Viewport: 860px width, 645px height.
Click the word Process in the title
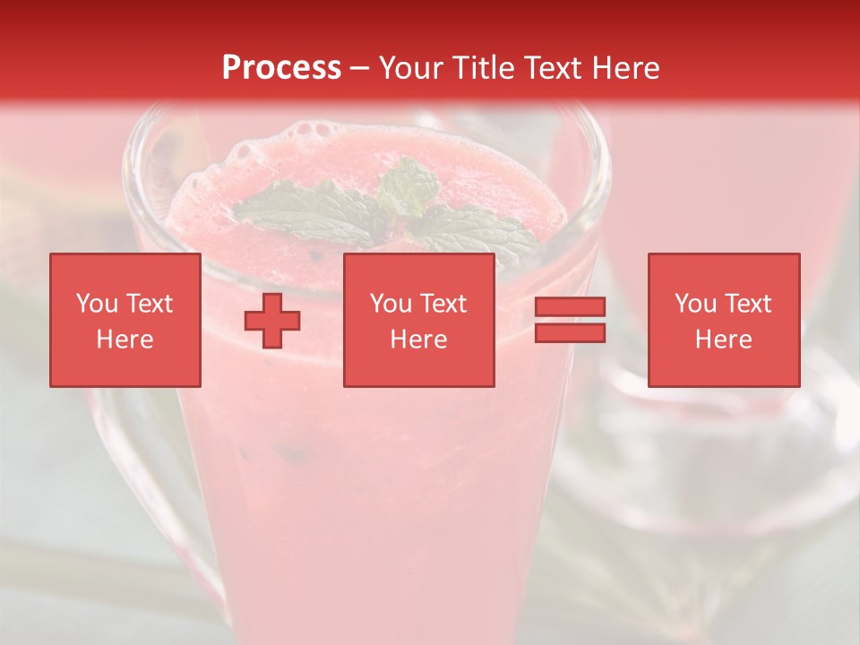point(281,68)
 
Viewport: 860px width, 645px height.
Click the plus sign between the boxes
point(272,321)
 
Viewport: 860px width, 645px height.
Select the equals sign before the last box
point(570,320)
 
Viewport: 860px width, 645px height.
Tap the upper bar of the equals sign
point(570,307)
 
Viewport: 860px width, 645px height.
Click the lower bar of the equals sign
point(570,332)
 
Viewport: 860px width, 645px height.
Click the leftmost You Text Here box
point(125,320)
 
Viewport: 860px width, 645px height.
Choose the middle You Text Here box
point(419,320)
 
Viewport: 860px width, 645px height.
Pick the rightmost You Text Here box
point(724,320)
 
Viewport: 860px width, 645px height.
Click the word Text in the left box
point(148,304)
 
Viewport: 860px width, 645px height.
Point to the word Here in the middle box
point(419,340)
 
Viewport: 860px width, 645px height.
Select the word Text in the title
point(552,68)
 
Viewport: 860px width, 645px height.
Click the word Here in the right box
point(724,340)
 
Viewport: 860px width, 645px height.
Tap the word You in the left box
point(97,304)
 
